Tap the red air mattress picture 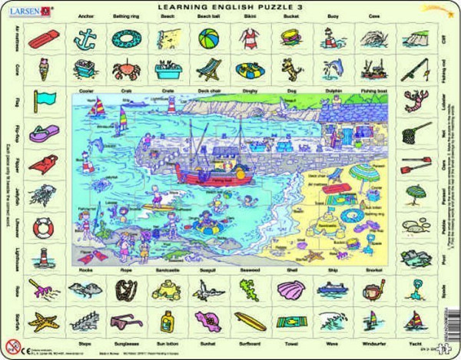45,38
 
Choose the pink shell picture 289,288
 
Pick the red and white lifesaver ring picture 45,227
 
